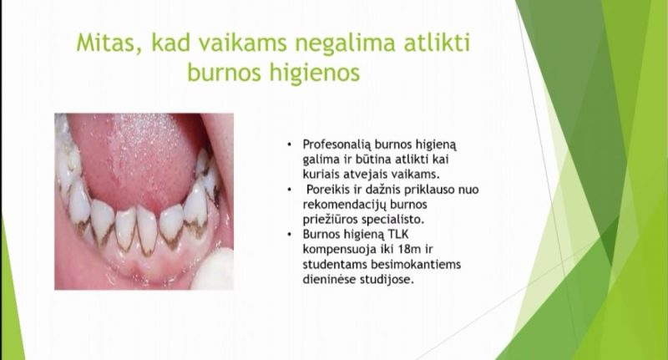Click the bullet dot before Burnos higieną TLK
click(x=290, y=235)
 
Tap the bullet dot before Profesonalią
click(x=290, y=145)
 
